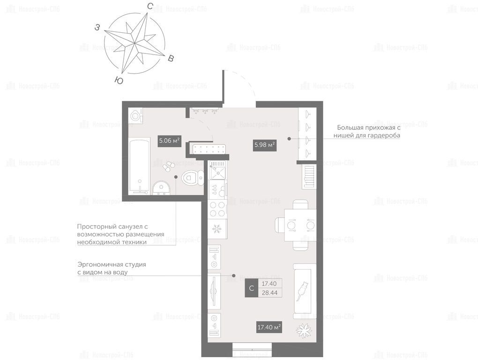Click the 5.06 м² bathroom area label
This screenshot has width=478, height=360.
coord(169,141)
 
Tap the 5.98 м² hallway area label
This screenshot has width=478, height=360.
coord(265,145)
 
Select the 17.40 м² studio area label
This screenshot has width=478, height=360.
coord(269,327)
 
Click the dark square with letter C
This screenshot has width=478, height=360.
coord(252,288)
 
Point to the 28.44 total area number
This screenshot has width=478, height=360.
coord(270,292)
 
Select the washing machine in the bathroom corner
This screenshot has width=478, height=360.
coord(135,116)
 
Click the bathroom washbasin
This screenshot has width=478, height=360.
coord(161,187)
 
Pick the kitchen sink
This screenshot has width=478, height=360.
coord(217,171)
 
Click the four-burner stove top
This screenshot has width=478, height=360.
coord(217,209)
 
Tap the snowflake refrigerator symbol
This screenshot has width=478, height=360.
coord(217,229)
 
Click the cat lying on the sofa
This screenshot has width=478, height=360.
coord(303,291)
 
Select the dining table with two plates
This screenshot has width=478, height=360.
coord(300,225)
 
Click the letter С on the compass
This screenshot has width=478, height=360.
coord(149,6)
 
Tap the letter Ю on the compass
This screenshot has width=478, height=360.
coord(119,80)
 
